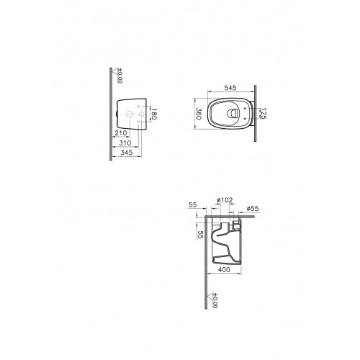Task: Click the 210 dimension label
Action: click(x=121, y=132)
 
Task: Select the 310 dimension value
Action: click(x=125, y=143)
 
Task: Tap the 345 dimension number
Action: click(x=127, y=153)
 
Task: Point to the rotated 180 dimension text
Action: click(x=154, y=114)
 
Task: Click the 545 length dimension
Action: click(x=230, y=88)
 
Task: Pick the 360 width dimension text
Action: click(x=199, y=114)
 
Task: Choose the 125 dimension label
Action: click(x=264, y=114)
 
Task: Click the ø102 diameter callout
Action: click(x=225, y=200)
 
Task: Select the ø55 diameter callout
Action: click(x=253, y=209)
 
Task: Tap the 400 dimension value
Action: click(x=224, y=270)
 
